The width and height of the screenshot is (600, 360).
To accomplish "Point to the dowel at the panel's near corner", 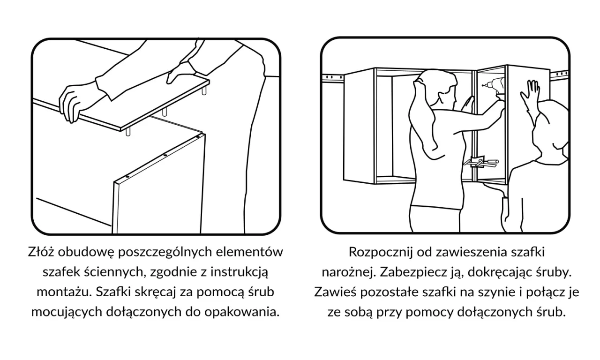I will click(x=128, y=132).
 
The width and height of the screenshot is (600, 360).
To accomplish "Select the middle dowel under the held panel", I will click(x=165, y=112).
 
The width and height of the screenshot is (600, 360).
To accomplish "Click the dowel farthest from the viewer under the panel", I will click(x=204, y=90).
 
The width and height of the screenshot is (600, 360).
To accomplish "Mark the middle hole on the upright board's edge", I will click(x=165, y=155).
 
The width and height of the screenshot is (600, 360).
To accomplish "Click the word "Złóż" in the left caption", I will click(x=40, y=252).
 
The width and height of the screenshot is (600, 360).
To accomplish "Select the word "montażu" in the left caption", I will click(x=63, y=292).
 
